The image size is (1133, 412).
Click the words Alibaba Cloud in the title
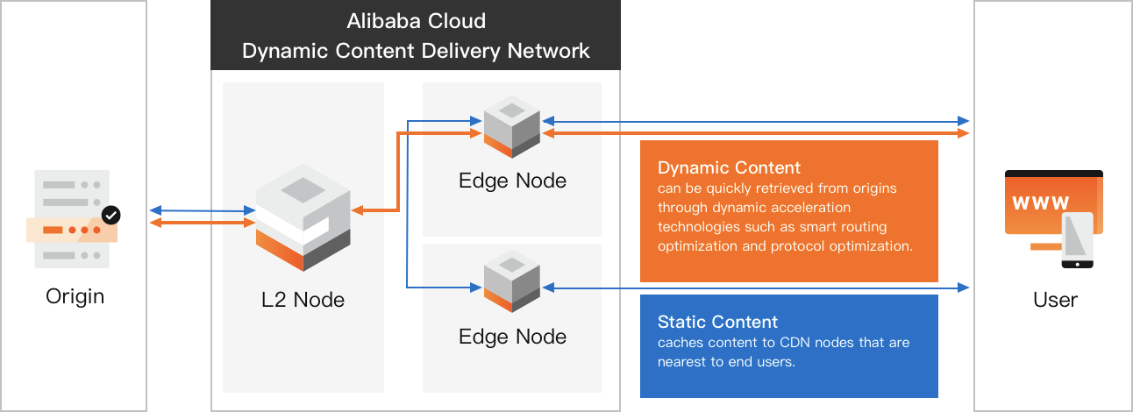(416, 21)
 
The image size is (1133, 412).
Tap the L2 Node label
(303, 300)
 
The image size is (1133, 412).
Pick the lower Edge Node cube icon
(512, 281)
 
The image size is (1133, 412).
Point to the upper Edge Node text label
(512, 181)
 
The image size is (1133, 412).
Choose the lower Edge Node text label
(512, 337)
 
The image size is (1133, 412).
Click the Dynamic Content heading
(729, 167)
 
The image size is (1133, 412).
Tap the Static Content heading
(717, 322)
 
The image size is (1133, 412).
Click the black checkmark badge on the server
(110, 214)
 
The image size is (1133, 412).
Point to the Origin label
(75, 296)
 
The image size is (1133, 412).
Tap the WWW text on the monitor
(1041, 203)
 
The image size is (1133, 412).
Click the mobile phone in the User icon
(1077, 239)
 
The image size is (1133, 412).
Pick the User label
(1054, 300)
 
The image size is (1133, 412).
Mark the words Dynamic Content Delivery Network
(416, 50)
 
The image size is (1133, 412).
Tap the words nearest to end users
(726, 361)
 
